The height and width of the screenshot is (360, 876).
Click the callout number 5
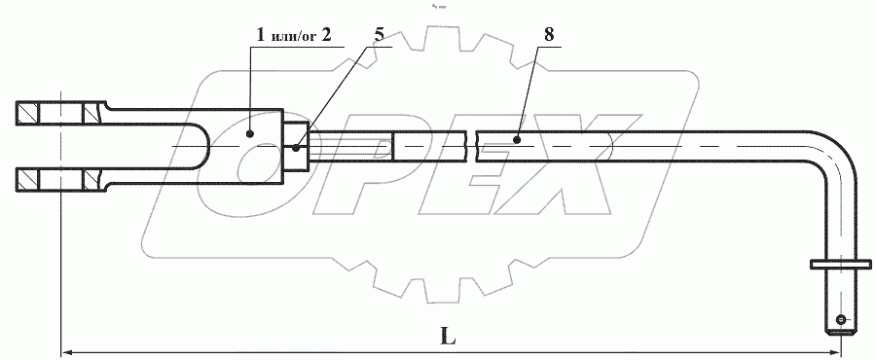pos(380,35)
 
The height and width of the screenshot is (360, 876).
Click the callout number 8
pos(549,35)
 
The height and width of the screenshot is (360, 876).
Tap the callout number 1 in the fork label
pos(260,35)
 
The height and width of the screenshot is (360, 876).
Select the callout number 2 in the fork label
pos(326,35)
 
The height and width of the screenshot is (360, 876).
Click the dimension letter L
pos(448,336)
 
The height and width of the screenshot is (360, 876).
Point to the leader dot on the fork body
pos(250,133)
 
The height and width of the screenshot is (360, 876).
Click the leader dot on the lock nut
pos(296,148)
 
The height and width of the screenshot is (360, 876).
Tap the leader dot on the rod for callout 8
pos(518,139)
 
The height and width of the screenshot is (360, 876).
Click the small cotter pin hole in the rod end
pos(841,320)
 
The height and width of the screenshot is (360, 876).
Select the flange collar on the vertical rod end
pos(840,264)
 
